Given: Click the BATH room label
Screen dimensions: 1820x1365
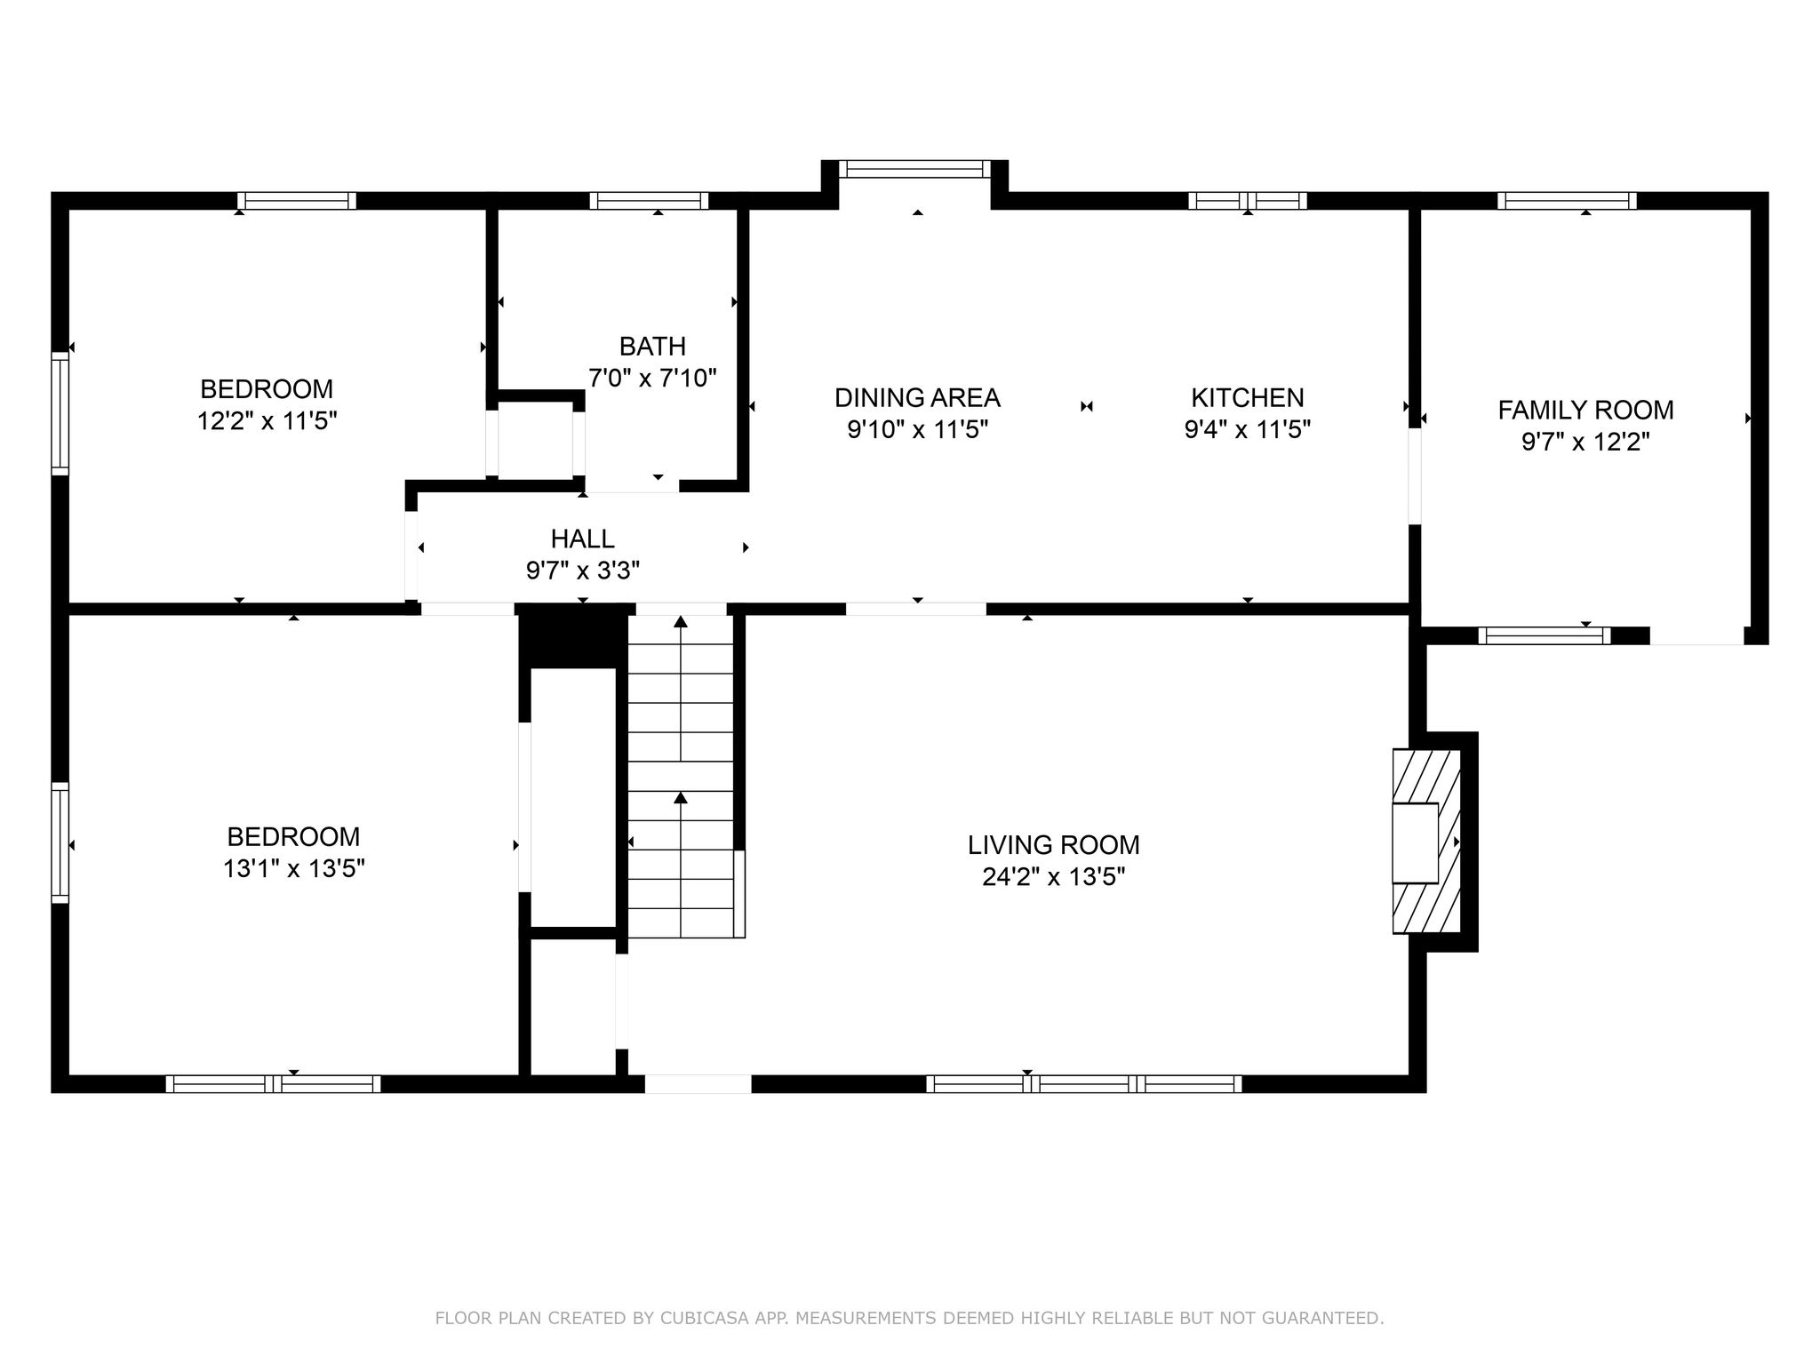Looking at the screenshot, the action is (x=652, y=346).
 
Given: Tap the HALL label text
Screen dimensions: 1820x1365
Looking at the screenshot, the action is (x=582, y=539).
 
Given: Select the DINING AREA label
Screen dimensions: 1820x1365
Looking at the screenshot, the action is (x=917, y=397).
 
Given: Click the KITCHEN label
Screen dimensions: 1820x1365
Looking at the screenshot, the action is (x=1248, y=397).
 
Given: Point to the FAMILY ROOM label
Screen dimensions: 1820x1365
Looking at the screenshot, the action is (x=1585, y=410).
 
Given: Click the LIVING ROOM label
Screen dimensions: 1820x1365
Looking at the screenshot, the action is (x=1053, y=844).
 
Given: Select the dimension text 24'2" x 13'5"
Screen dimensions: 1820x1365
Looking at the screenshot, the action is (x=1053, y=877).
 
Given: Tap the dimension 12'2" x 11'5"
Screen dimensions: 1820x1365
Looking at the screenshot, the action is (x=267, y=420).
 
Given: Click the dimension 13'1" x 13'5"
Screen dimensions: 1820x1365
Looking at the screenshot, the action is (x=293, y=868).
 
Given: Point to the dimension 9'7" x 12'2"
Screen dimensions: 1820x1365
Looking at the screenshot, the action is (x=1585, y=442).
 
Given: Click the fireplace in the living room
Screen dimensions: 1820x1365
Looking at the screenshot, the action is (x=1425, y=842).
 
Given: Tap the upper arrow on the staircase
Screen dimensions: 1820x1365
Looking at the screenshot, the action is (x=681, y=689).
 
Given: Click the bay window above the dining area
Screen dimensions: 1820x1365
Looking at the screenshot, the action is (x=914, y=169).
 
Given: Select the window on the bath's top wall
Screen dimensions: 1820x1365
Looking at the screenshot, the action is (x=649, y=201).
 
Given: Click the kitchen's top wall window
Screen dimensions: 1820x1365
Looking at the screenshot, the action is (x=1248, y=201).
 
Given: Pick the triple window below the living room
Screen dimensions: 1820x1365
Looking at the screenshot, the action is (x=1083, y=1083).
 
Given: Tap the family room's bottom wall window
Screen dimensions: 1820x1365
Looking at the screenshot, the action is (x=1545, y=635).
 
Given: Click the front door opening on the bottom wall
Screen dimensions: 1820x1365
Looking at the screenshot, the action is (x=698, y=1083).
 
